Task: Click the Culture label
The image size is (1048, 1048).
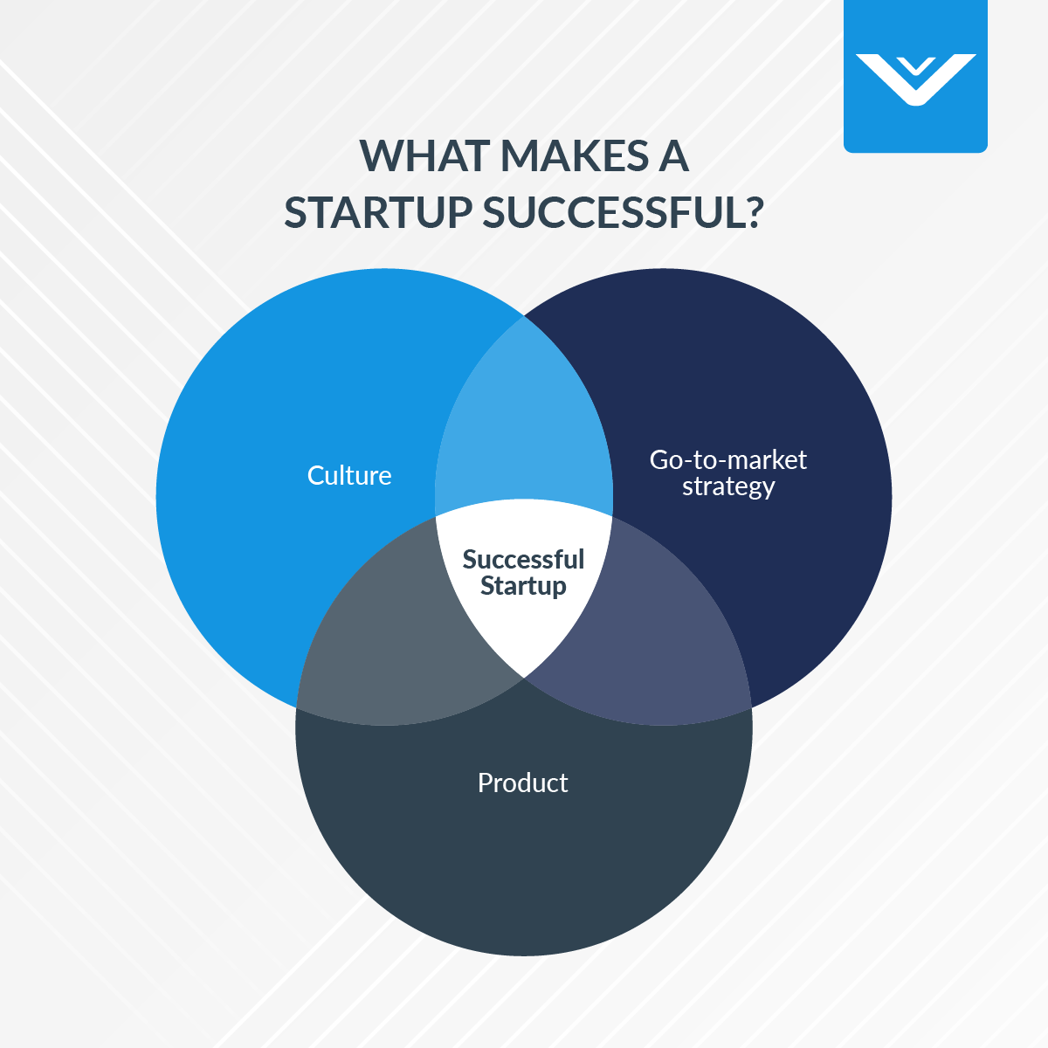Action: pyautogui.click(x=349, y=476)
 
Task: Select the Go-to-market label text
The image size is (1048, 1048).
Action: pyautogui.click(x=727, y=459)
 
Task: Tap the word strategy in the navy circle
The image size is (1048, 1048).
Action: pyautogui.click(x=727, y=486)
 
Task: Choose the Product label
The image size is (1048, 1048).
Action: pyautogui.click(x=522, y=783)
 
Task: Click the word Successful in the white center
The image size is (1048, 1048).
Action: pyautogui.click(x=523, y=559)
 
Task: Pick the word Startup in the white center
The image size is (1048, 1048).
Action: pyautogui.click(x=523, y=586)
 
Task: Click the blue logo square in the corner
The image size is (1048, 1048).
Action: pyautogui.click(x=915, y=77)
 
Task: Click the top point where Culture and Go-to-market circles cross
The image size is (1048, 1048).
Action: pyautogui.click(x=524, y=316)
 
